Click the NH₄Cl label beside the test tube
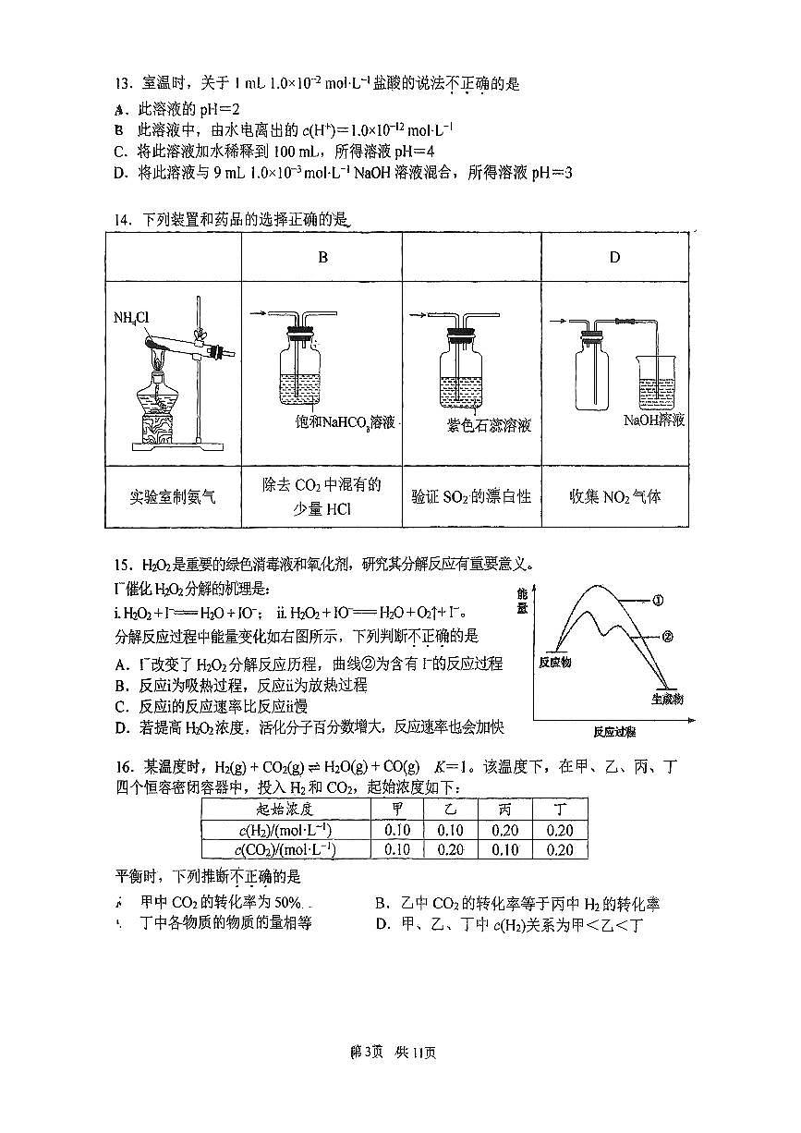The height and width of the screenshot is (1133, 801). click(x=130, y=319)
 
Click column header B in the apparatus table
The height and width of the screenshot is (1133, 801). click(x=322, y=258)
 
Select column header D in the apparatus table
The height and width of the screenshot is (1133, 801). click(x=614, y=258)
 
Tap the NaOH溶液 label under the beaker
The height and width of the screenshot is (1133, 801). click(x=654, y=420)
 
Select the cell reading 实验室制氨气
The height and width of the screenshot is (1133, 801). click(x=173, y=497)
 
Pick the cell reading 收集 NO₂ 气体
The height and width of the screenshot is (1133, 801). click(x=614, y=497)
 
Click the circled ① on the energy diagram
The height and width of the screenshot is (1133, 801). click(x=659, y=600)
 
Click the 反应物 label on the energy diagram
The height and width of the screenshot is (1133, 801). click(x=554, y=663)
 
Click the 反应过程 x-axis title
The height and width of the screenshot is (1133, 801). click(x=614, y=732)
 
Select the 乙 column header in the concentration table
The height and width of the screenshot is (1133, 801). click(x=451, y=809)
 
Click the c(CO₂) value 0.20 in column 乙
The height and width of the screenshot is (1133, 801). click(x=451, y=849)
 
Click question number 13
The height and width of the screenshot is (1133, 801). click(x=124, y=83)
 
